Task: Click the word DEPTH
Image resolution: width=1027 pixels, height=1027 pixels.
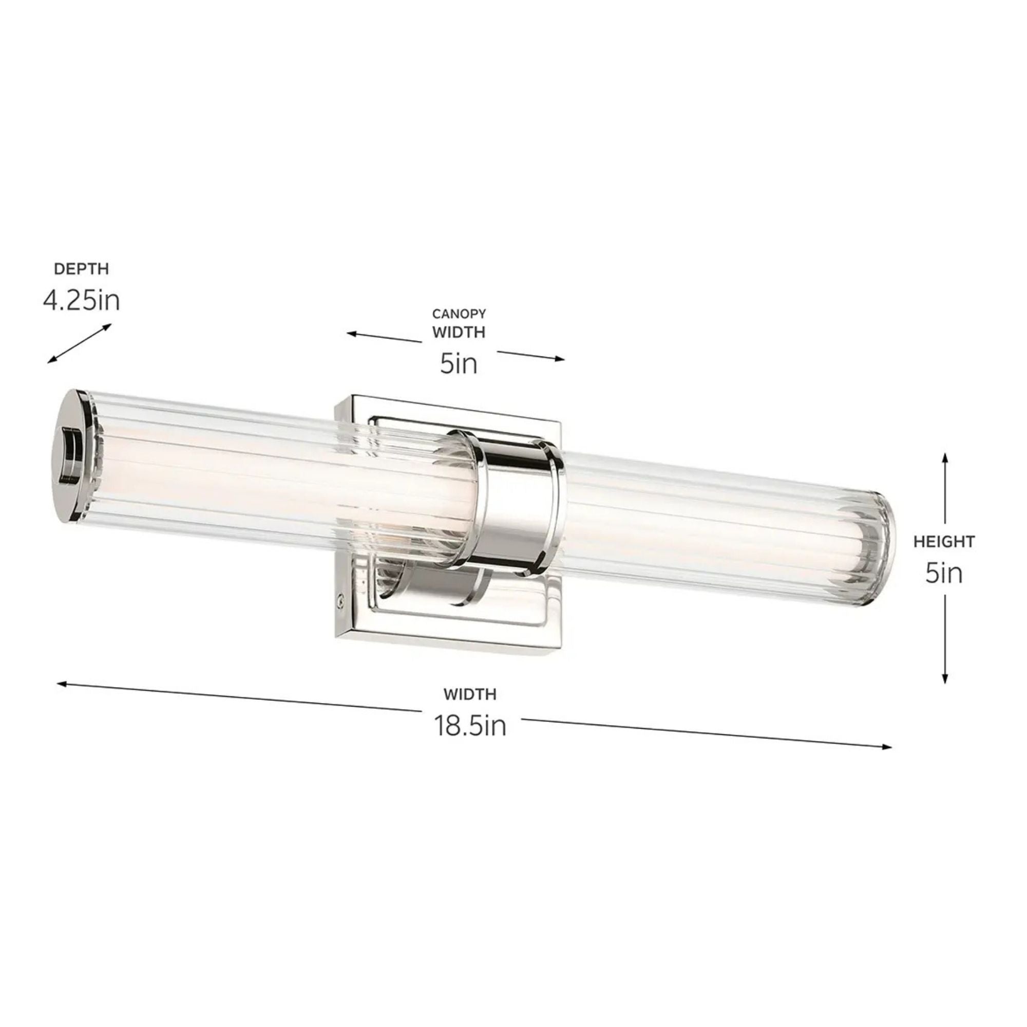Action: click(x=81, y=269)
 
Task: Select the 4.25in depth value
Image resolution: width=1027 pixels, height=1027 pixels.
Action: click(x=81, y=301)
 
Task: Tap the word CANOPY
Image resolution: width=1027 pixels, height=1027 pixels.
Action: click(x=459, y=314)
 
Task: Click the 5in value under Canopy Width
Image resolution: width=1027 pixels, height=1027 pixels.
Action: click(x=459, y=364)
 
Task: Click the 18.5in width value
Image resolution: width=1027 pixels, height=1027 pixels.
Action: click(x=470, y=726)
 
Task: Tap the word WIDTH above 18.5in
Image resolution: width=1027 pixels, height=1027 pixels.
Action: click(x=470, y=694)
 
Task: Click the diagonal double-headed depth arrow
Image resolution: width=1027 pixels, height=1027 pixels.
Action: click(x=79, y=344)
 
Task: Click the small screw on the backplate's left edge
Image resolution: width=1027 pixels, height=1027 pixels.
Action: click(x=339, y=600)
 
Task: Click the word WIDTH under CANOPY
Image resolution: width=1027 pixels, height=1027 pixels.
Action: click(x=459, y=332)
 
